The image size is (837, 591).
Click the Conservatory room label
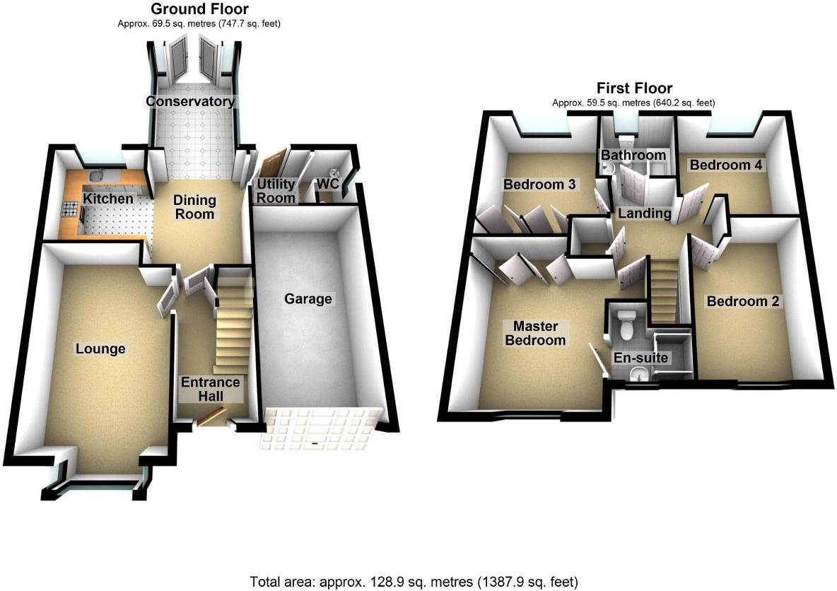[190, 102]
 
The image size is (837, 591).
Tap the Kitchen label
[108, 199]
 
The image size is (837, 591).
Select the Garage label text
[308, 299]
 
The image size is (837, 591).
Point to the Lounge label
[100, 349]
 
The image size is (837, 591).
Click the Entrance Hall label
[211, 390]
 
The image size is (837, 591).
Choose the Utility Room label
[276, 191]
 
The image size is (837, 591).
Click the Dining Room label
[194, 207]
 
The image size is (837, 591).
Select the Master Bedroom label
[539, 333]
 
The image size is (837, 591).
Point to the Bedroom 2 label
[743, 302]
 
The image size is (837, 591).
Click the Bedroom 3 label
[539, 185]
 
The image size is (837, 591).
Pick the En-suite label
[640, 358]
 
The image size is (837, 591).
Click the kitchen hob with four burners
[71, 209]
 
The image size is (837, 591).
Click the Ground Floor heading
[189, 10]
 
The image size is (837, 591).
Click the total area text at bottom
[414, 583]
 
